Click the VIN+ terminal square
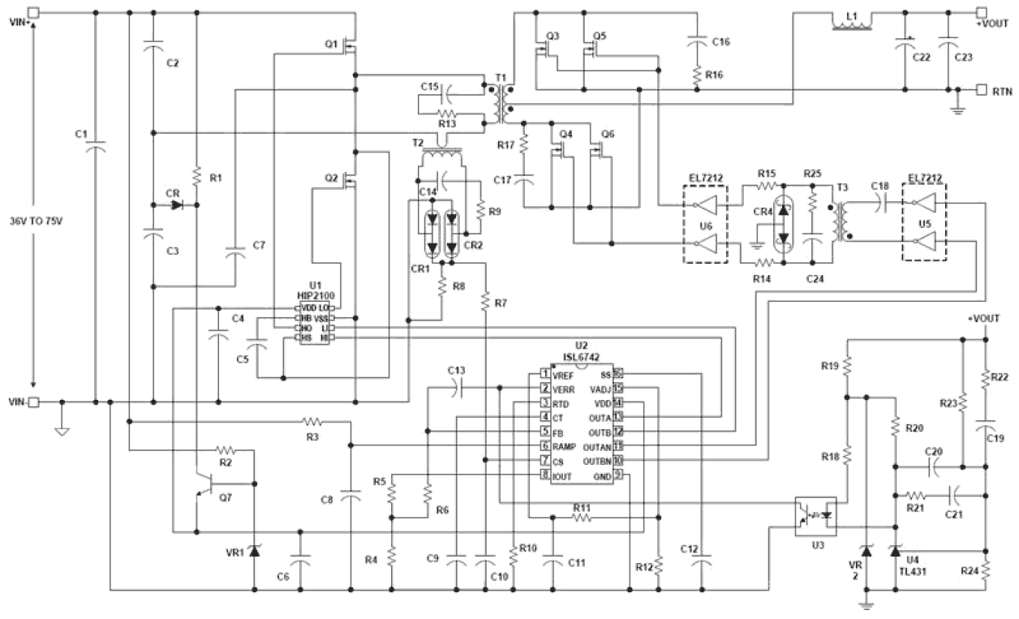[x=34, y=12]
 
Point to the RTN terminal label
[x=1001, y=91]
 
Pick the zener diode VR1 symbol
[x=254, y=551]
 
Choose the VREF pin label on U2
[x=563, y=375]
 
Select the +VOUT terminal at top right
[x=981, y=12]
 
